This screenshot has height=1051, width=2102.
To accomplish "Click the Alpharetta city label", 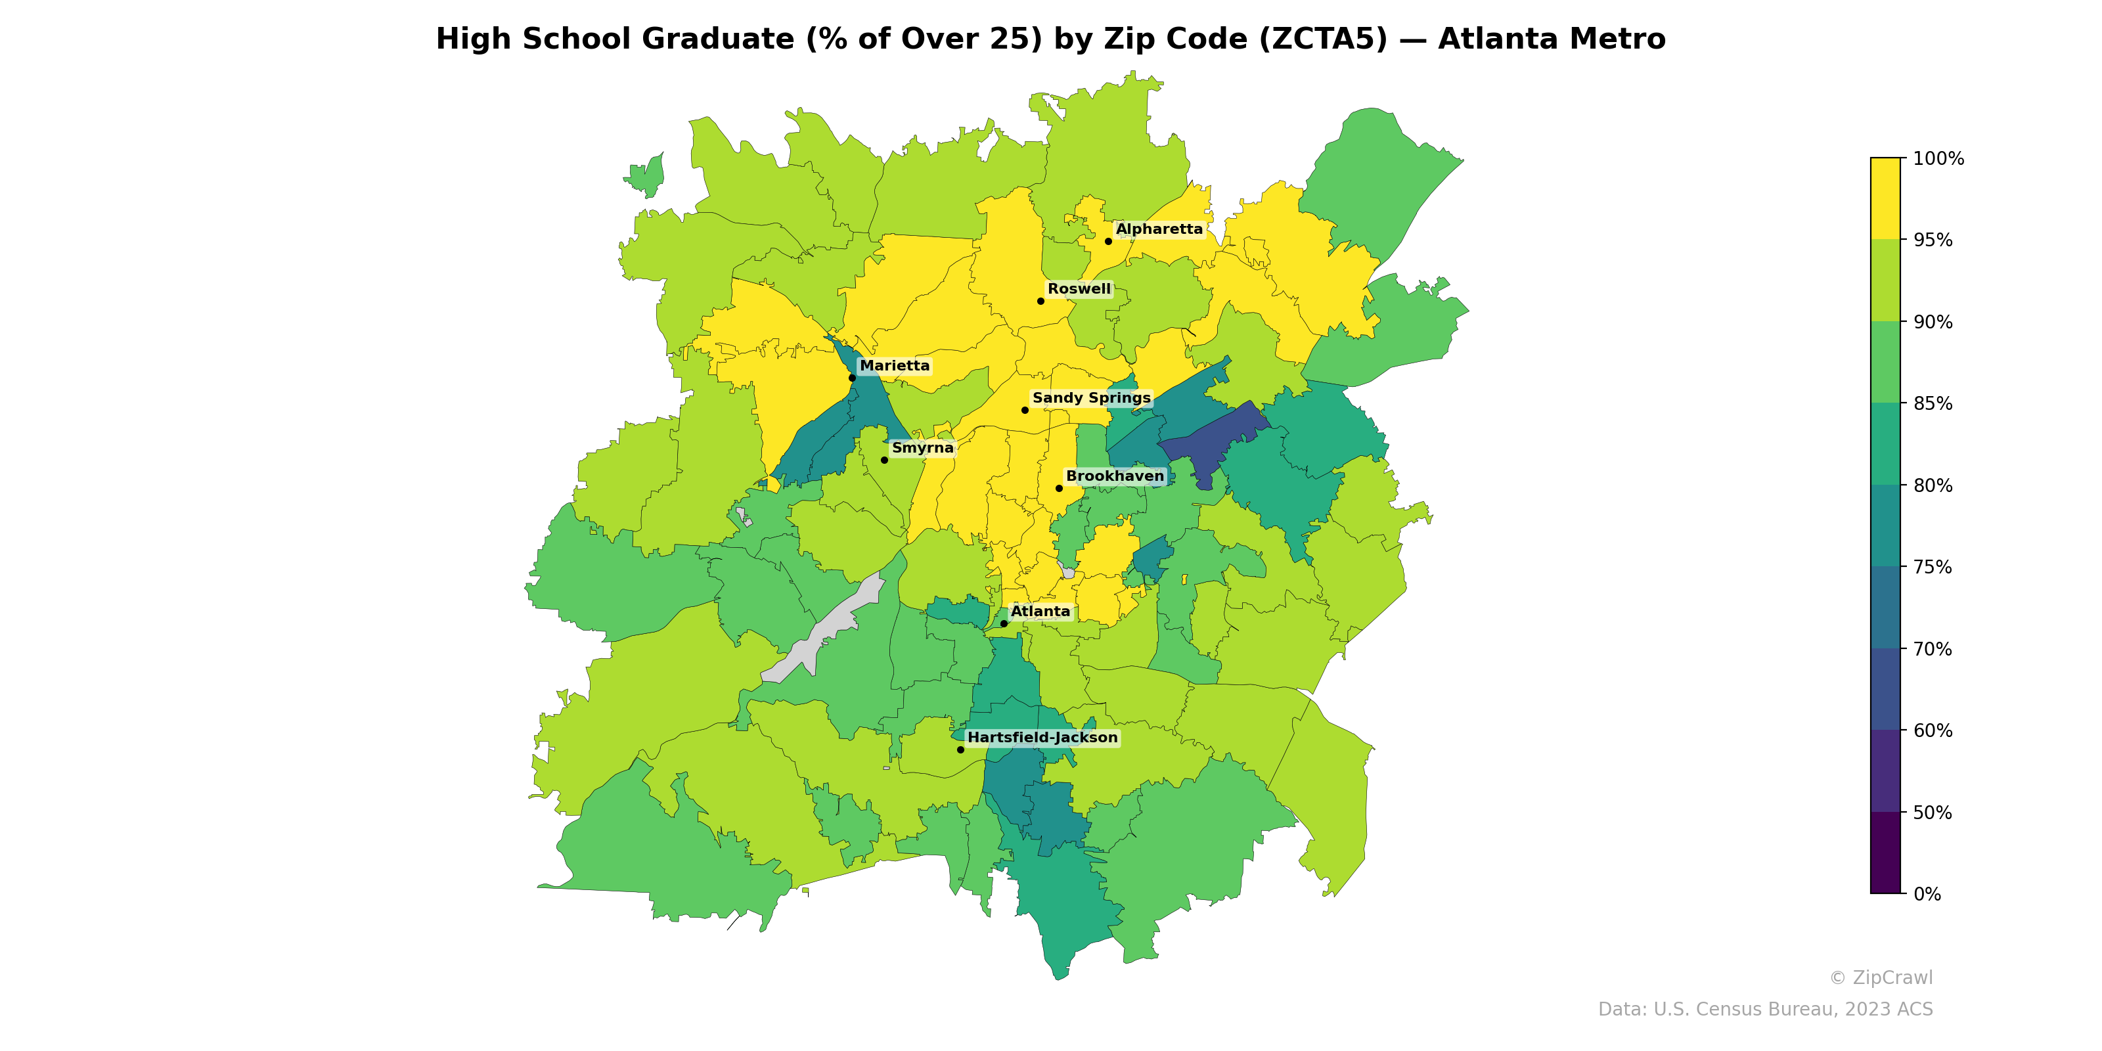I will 1159,229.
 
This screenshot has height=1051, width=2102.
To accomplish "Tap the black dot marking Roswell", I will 1040,301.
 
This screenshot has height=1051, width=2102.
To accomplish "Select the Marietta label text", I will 894,366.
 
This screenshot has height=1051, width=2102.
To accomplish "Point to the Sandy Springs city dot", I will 1025,410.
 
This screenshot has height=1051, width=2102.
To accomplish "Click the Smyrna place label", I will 922,448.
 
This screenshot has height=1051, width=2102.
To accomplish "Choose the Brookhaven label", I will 1115,476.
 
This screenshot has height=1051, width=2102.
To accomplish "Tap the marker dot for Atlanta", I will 1004,623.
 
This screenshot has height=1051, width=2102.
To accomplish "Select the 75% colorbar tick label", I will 1933,567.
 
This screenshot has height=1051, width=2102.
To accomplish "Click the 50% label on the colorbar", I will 1933,813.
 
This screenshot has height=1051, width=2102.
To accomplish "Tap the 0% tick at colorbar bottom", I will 1927,894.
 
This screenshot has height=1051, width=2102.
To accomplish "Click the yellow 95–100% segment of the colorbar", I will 1885,198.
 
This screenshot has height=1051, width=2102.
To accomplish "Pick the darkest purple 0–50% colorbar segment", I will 1885,853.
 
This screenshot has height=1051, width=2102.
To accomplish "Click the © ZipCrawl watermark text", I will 1880,977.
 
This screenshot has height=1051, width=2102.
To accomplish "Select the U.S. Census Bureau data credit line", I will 1764,1010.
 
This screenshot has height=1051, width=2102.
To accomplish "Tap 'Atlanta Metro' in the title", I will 1550,39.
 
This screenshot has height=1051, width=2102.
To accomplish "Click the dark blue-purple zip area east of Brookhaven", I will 1212,441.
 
